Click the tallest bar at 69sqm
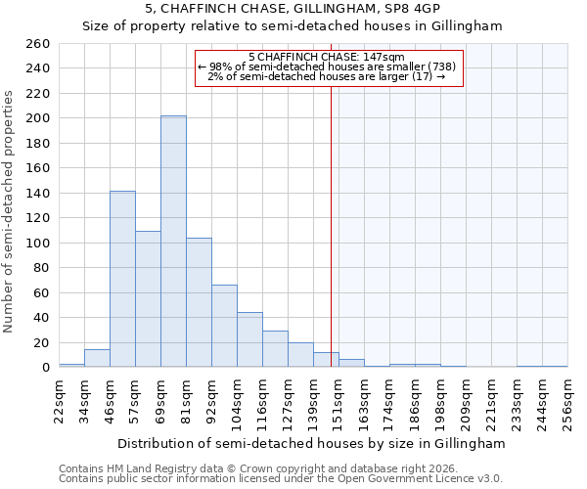(173, 242)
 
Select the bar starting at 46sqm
(122, 279)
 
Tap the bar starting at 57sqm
(148, 298)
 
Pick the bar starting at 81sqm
(199, 302)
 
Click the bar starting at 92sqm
(224, 326)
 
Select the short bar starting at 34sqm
(97, 359)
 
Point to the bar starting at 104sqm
(249, 339)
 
